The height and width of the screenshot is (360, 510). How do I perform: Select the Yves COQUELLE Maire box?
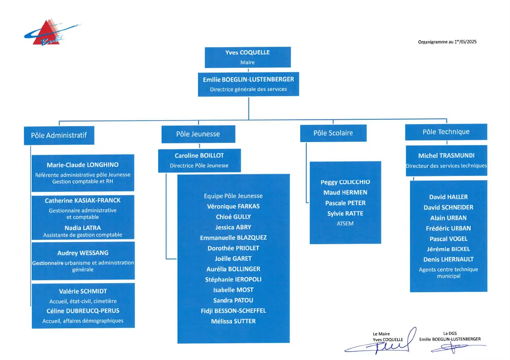[x=247, y=57]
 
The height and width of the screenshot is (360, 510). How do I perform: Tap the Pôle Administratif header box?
[x=59, y=136]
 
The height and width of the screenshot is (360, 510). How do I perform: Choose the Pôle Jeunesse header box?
[x=198, y=134]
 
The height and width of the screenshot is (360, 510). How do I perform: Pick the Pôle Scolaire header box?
[x=333, y=133]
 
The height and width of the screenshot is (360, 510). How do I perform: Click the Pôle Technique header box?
[x=446, y=132]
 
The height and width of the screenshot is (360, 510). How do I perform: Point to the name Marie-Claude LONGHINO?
[x=83, y=165]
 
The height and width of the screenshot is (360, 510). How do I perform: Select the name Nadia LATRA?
[x=83, y=228]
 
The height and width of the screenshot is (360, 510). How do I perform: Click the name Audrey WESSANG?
[x=83, y=253]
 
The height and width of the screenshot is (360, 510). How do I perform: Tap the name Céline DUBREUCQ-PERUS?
[x=83, y=311]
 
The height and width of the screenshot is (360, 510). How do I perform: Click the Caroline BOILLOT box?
[x=199, y=160]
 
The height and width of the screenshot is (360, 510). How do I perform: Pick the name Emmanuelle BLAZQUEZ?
[x=233, y=238]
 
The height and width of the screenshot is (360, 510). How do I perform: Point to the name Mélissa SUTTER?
[x=233, y=321]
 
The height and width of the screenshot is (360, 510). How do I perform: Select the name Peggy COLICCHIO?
[x=345, y=182]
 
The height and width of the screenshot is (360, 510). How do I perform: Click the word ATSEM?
[x=345, y=224]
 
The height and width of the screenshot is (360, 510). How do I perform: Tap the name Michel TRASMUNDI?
[x=446, y=156]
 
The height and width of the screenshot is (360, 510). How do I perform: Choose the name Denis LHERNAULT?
[x=449, y=260]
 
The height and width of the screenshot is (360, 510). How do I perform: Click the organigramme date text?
[x=447, y=42]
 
